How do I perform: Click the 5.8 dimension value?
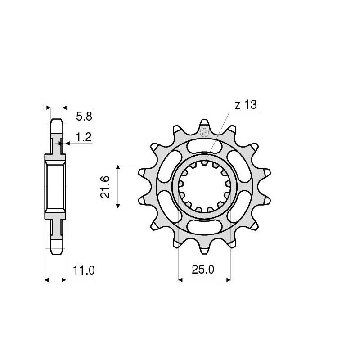(x=84, y=117)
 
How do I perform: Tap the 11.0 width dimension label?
(x=84, y=270)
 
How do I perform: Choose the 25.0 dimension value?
(x=203, y=270)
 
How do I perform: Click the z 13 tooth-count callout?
(x=246, y=105)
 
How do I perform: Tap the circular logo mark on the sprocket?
(x=204, y=133)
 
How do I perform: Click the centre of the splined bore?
(x=205, y=186)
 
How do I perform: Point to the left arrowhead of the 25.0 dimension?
(x=181, y=280)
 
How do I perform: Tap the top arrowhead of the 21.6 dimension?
(x=118, y=167)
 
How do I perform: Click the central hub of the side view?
(x=55, y=186)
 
